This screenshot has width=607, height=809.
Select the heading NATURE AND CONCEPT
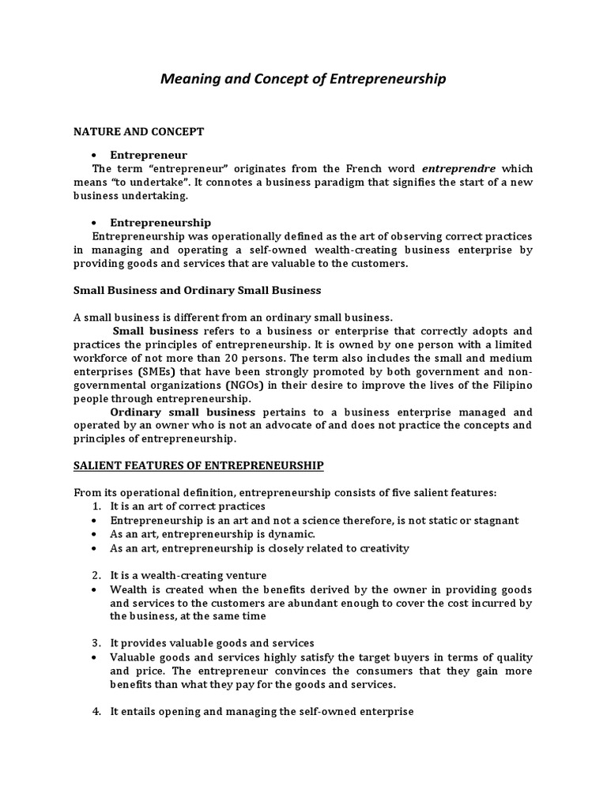point(139,130)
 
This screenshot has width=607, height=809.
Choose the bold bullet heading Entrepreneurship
point(160,223)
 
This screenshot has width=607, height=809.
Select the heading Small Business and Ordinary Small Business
point(198,290)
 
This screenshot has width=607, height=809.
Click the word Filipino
point(510,385)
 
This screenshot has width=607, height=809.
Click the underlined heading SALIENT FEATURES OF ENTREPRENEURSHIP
point(198,465)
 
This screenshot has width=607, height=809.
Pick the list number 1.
point(96,506)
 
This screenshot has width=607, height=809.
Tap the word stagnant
point(494,520)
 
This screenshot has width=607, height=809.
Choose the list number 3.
point(96,643)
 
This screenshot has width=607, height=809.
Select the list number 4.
point(96,711)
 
